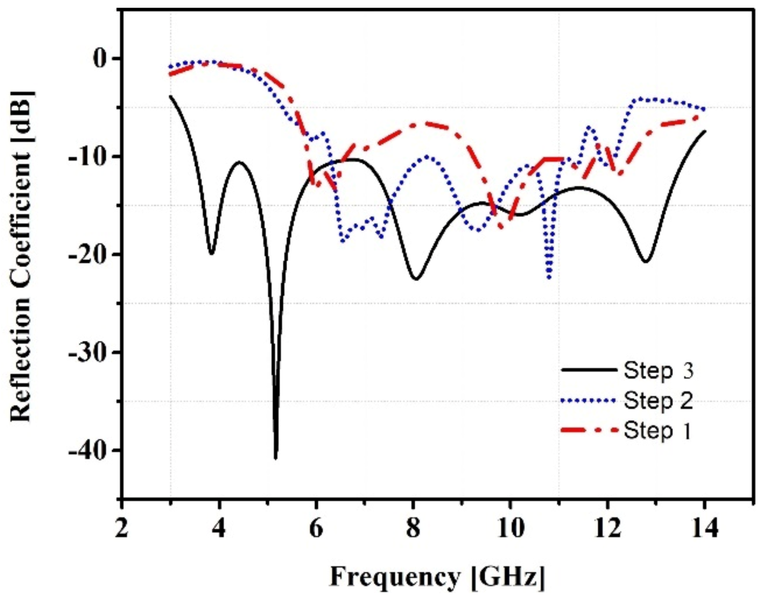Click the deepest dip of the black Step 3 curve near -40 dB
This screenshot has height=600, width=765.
275,457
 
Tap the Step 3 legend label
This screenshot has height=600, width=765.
658,370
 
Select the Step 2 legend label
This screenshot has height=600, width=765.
658,401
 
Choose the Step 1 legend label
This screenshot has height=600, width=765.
658,431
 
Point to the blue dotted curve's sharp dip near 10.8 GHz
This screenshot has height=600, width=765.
549,277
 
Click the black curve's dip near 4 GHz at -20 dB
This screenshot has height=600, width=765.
212,254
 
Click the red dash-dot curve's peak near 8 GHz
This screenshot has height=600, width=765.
419,124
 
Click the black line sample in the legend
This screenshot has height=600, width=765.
589,370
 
